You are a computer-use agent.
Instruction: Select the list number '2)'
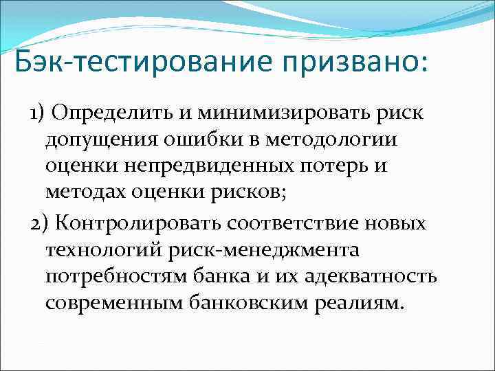coord(38,225)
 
